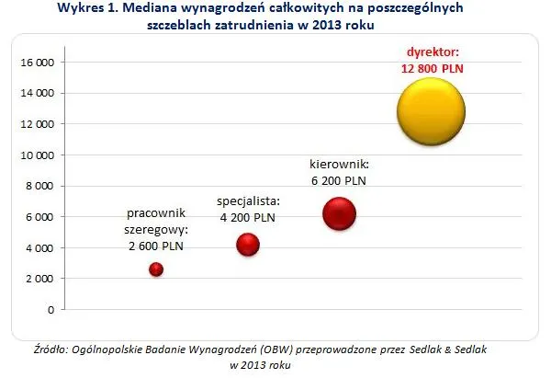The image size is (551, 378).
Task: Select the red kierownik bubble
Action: click(x=340, y=214)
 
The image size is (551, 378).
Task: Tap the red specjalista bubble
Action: click(x=248, y=244)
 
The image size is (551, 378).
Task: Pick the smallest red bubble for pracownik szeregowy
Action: click(x=156, y=269)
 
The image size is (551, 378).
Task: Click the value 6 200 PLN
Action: click(x=342, y=181)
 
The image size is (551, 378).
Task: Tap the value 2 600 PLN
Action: click(x=156, y=245)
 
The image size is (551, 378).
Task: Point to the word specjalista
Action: click(x=248, y=200)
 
